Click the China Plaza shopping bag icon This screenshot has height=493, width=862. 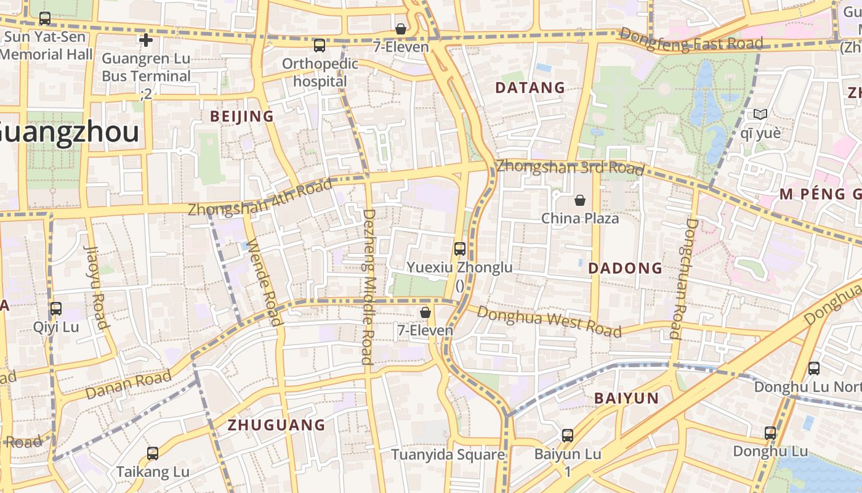[579, 200]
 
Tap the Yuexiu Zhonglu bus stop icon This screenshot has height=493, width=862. [459, 249]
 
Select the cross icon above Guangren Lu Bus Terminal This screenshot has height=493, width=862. [146, 41]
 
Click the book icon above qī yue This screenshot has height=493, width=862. [760, 115]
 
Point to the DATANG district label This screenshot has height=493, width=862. [530, 88]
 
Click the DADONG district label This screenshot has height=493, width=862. [625, 268]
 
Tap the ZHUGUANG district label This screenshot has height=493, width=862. [276, 425]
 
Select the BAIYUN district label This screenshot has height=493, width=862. [626, 398]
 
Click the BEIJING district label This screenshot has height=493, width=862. [242, 116]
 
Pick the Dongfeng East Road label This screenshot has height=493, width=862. [691, 39]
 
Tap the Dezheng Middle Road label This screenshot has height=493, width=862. [368, 287]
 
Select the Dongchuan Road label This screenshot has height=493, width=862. [683, 277]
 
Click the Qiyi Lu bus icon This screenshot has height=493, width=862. [56, 309]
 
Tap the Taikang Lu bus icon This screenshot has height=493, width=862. [153, 454]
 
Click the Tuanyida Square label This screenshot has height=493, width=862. [448, 455]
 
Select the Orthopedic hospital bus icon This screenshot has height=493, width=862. [319, 45]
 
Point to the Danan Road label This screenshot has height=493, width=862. [128, 384]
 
